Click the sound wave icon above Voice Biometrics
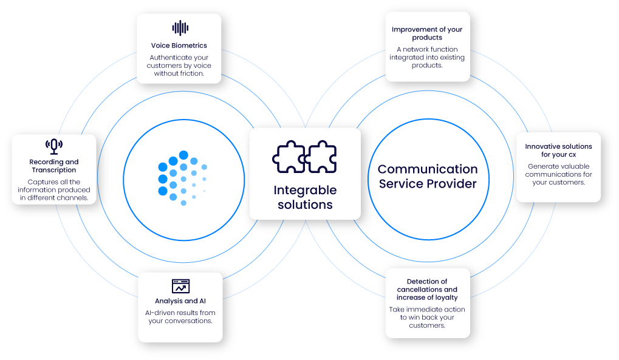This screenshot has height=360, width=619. [180, 28]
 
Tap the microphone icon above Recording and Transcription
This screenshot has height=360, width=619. [54, 146]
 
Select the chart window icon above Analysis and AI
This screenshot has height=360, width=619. [181, 286]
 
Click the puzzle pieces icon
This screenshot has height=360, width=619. [304, 157]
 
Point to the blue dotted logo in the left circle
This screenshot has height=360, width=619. [182, 178]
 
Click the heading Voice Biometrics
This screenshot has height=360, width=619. [179, 46]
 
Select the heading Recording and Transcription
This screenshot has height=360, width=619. [54, 166]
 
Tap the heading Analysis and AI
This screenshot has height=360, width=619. [180, 301]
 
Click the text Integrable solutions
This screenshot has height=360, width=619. [305, 197]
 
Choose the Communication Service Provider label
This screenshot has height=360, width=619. [428, 177]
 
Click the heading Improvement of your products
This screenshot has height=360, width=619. [427, 33]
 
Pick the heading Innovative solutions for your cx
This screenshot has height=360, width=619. [559, 151]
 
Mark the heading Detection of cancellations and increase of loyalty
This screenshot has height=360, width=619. [427, 290]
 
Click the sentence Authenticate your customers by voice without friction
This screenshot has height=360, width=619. [179, 66]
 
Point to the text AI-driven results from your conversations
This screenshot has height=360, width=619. [180, 316]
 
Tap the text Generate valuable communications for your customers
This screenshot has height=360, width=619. [559, 174]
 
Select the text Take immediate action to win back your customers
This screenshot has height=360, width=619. [427, 318]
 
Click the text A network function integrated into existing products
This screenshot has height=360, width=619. [427, 57]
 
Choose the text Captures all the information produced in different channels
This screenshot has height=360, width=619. [54, 190]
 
